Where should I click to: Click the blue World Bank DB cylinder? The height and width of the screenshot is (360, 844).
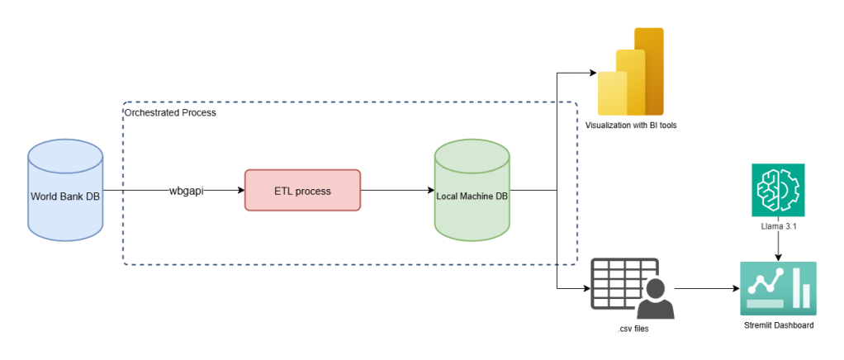point(65,192)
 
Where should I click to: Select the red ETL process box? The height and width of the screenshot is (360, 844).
point(302,191)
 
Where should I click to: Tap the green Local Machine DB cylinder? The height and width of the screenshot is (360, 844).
point(472,192)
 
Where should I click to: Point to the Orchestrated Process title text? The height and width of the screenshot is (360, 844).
point(170,111)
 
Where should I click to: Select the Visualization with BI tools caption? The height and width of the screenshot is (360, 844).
point(632,126)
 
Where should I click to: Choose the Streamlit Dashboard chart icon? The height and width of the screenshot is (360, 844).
point(777,288)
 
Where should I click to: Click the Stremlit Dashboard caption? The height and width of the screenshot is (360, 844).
point(778,325)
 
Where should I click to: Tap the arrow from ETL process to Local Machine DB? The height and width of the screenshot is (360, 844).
point(397,191)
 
